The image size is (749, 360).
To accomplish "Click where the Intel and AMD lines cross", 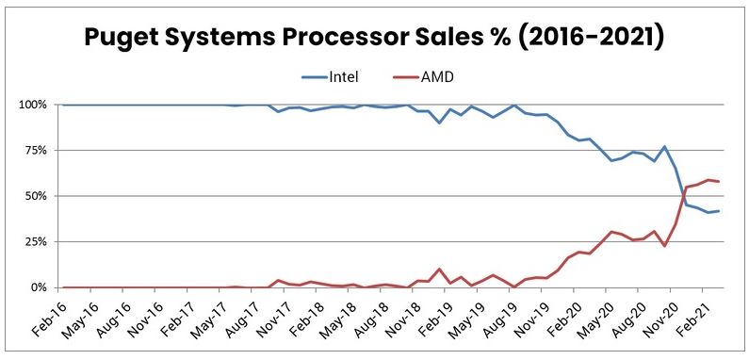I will tap(682, 195).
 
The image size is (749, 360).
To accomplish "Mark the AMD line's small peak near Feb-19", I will tap(439, 270).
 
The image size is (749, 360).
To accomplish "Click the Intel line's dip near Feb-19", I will tap(439, 123).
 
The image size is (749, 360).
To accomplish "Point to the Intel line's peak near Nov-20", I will tap(665, 147).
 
